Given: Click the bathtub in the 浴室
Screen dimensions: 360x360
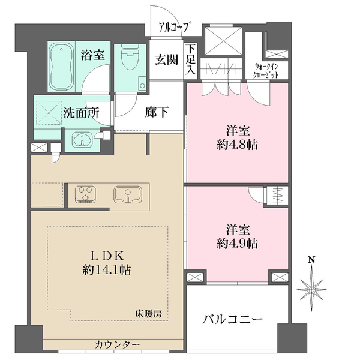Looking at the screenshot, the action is point(62,67).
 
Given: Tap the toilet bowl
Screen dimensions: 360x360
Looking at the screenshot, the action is point(130,57).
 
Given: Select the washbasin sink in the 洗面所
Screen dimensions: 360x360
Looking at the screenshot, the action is point(82,140).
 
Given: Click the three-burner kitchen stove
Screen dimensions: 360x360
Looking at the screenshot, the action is point(85,194).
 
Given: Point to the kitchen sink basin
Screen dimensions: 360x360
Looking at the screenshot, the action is point(128,194).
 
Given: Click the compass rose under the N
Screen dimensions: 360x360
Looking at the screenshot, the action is point(311,289).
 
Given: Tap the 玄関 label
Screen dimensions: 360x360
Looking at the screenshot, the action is point(166,60).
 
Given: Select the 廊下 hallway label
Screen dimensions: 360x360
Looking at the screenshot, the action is point(157,112).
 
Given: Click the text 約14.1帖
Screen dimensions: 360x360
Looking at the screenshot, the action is point(107,270).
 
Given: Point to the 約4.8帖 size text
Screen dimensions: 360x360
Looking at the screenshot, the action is point(238,145).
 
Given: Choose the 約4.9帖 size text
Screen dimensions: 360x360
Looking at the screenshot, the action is point(238,244).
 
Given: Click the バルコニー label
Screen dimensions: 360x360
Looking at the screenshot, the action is point(232,319).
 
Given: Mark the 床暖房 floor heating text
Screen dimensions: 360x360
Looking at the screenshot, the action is point(148,314).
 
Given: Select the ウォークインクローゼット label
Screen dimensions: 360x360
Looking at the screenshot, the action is point(266,71).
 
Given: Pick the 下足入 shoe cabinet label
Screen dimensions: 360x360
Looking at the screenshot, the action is point(190,59).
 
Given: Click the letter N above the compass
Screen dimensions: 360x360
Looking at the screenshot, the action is point(311,260).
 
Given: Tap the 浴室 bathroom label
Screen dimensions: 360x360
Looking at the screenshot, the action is point(93,55).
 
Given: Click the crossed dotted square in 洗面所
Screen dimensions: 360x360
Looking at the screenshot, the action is point(49,113).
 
